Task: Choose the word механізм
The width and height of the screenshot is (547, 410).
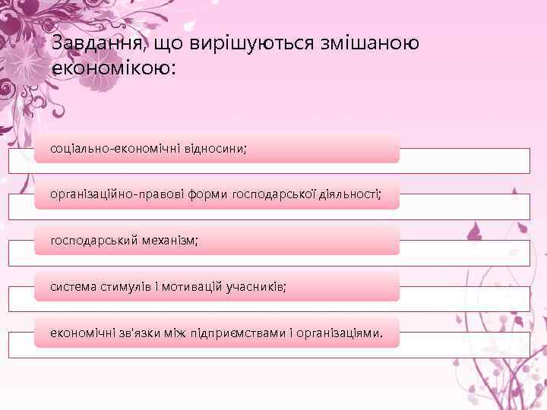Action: pos(169,240)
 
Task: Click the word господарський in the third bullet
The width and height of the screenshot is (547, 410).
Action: pos(94,240)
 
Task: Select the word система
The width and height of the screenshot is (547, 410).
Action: pos(72,286)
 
